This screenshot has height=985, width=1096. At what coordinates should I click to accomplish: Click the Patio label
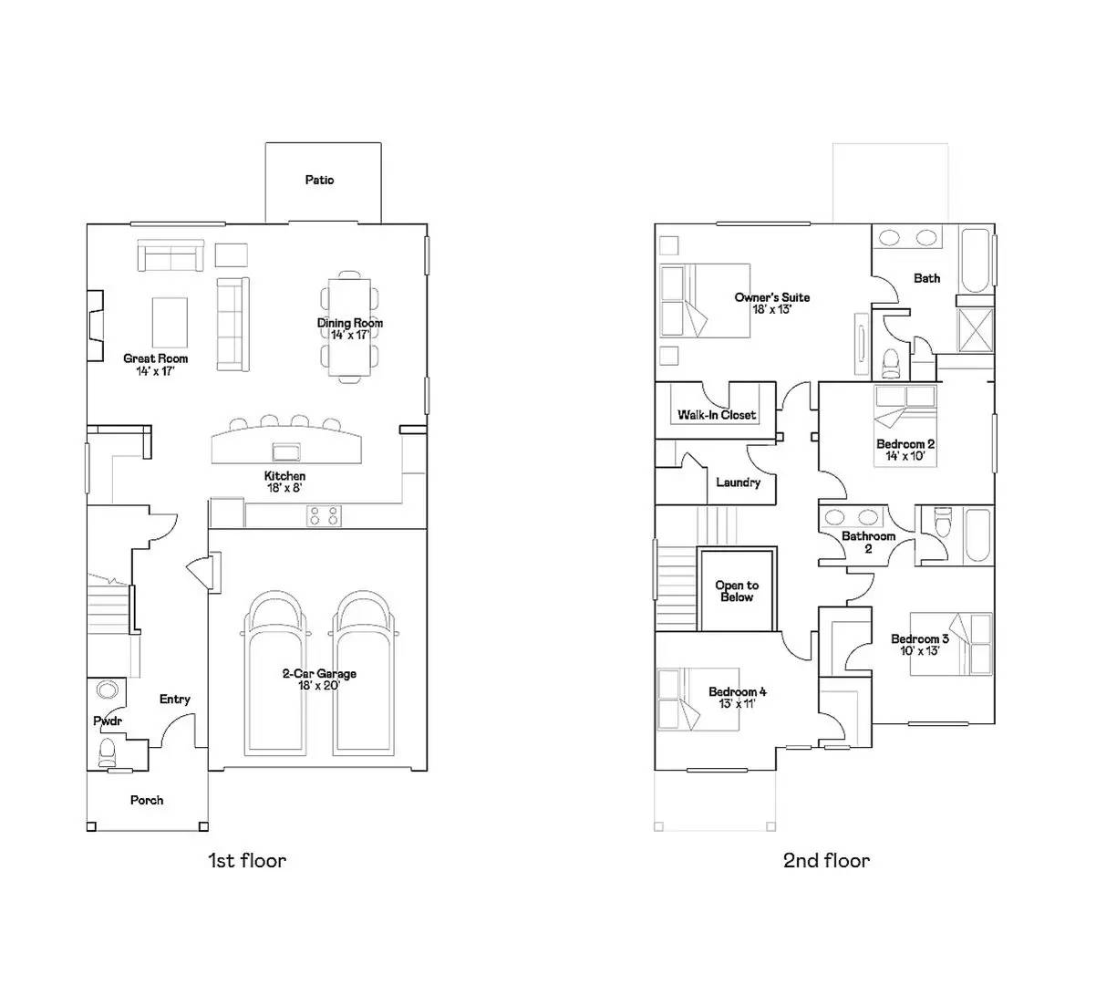[319, 181]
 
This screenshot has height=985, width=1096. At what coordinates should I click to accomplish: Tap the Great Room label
[156, 358]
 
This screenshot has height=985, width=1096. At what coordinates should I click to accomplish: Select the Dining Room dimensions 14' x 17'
[350, 336]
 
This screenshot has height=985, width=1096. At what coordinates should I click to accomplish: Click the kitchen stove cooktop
[324, 516]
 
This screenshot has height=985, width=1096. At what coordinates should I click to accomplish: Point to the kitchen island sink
[286, 451]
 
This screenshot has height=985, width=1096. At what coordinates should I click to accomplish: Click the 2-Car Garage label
[318, 674]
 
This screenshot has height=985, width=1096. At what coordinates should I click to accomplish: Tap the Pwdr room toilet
[108, 751]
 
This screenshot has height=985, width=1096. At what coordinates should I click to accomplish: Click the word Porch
[147, 800]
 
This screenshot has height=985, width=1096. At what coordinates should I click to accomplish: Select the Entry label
[175, 700]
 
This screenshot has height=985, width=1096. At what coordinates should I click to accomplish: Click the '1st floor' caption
[247, 860]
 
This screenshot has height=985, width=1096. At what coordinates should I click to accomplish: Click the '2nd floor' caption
[826, 860]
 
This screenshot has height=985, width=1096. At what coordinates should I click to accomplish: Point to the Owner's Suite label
[771, 297]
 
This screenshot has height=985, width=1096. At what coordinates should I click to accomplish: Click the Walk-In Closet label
[717, 415]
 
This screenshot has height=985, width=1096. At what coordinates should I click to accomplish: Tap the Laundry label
[738, 482]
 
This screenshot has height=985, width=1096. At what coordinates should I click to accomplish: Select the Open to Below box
[737, 590]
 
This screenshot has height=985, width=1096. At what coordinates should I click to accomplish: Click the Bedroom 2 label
[905, 444]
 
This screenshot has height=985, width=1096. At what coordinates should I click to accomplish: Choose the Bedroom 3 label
[921, 638]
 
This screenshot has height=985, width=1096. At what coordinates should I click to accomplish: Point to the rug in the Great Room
[171, 323]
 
